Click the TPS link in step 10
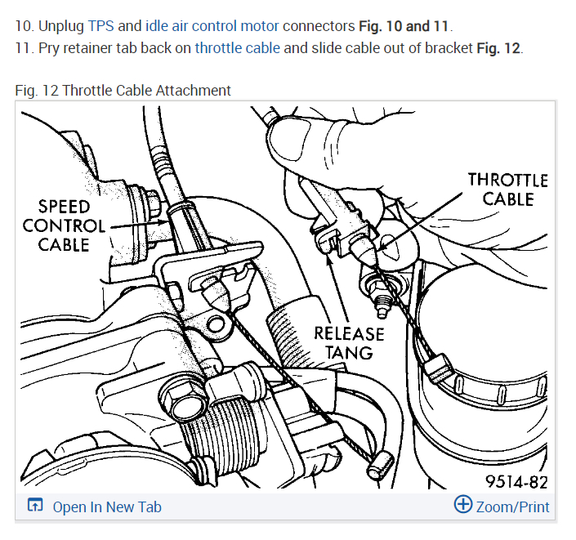point(100,25)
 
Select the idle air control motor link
point(212,25)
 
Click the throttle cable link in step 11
point(237,47)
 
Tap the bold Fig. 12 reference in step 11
point(498,47)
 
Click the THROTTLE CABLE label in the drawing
point(507,189)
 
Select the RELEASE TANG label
point(349,343)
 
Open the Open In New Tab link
point(107,507)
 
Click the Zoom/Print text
point(512,507)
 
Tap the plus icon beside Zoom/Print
point(463,505)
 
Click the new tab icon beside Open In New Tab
point(35,507)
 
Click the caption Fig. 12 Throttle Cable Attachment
point(123,90)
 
